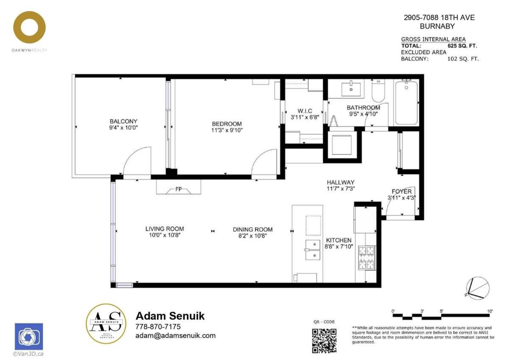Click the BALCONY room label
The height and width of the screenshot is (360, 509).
click(123, 121)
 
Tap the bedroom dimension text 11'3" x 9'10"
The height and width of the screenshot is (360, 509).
click(227, 130)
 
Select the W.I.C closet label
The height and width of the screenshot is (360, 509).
click(305, 111)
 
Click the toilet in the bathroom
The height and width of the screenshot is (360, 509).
click(378, 91)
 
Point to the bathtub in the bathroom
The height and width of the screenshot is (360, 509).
click(406, 103)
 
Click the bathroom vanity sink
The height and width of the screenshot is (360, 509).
click(351, 89)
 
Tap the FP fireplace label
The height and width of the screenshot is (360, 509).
click(179, 189)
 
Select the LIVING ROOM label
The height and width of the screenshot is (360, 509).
click(165, 229)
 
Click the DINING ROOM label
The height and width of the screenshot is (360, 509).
click(253, 230)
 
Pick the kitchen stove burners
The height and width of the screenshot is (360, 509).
click(366, 258)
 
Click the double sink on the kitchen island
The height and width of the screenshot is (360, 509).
click(313, 250)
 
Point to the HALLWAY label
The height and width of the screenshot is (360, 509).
click(340, 183)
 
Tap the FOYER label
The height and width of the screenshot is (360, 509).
click(402, 191)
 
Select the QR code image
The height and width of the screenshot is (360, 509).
click(324, 340)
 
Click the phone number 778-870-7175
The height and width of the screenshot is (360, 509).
click(158, 326)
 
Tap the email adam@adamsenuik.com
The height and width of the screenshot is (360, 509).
click(176, 336)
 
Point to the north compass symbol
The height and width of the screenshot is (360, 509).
click(478, 288)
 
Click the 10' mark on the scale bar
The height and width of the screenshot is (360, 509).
click(490, 311)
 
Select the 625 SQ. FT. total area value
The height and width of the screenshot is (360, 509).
click(462, 46)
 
